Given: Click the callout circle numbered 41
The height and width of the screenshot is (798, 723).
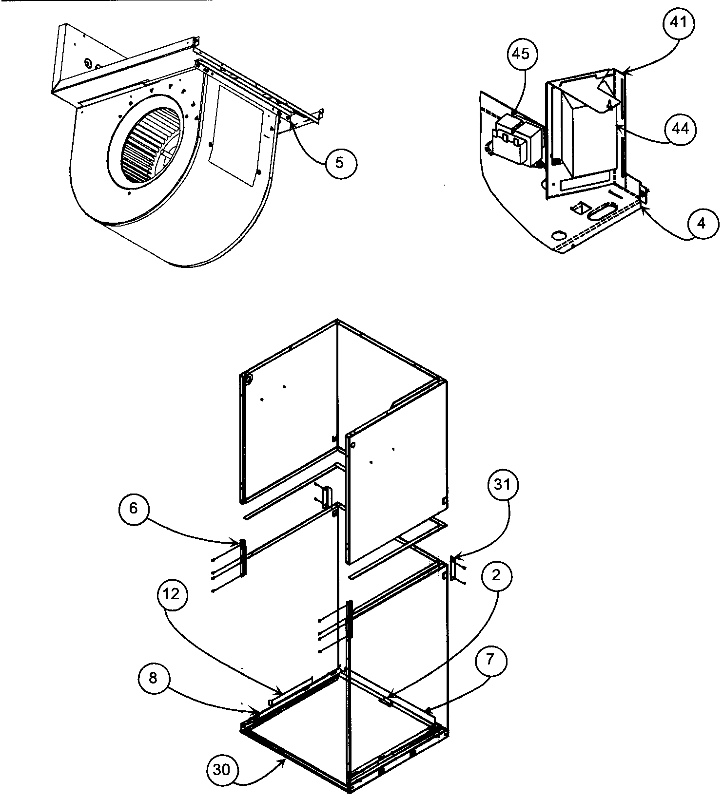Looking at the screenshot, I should pyautogui.click(x=681, y=23).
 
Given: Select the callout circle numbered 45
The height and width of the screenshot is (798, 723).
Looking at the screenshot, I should pyautogui.click(x=521, y=54).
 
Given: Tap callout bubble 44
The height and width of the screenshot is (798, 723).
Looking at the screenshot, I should pyautogui.click(x=681, y=129).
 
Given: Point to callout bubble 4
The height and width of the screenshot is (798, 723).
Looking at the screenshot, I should pyautogui.click(x=701, y=223).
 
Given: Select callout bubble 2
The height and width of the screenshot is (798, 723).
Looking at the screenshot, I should pyautogui.click(x=496, y=575).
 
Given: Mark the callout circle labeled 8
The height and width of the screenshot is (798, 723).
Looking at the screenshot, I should pyautogui.click(x=153, y=679).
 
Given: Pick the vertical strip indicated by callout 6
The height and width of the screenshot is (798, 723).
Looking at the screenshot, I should pyautogui.click(x=242, y=556).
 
